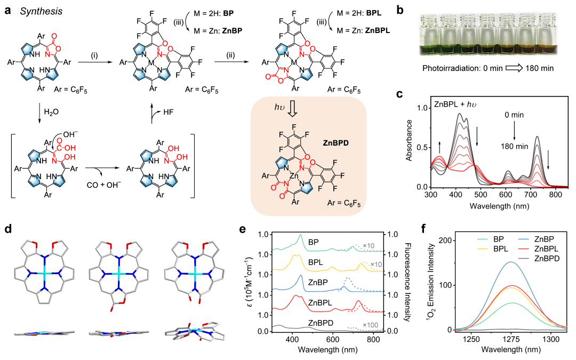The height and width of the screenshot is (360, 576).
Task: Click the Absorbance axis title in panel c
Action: (408, 143)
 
